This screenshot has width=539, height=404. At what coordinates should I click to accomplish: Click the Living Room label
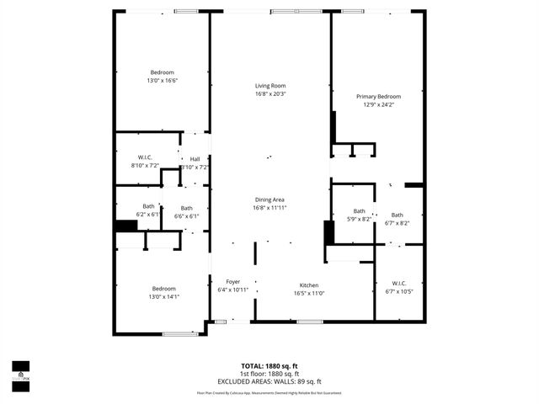[x=271, y=86]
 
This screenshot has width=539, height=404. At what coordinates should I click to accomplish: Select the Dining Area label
[x=271, y=199]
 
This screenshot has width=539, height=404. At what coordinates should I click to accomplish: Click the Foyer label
[x=232, y=281]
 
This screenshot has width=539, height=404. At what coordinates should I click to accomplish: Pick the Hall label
[x=195, y=159]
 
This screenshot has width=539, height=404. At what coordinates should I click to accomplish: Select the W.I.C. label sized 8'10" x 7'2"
[x=145, y=157]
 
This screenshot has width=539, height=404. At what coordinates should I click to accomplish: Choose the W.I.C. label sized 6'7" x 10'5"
[x=399, y=283]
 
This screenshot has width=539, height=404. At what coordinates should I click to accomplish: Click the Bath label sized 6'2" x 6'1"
[x=148, y=206]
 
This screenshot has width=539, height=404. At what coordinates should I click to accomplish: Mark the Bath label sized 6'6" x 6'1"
[x=186, y=208]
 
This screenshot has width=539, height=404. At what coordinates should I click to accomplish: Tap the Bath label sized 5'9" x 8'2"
[x=360, y=211]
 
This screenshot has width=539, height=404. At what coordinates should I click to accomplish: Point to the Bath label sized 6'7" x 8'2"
[x=397, y=215]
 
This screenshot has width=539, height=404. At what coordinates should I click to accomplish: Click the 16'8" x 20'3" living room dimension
[x=271, y=93]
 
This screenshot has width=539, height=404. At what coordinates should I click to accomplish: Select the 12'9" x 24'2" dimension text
[x=378, y=104]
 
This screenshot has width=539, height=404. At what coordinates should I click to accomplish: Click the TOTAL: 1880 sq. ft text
[x=270, y=366]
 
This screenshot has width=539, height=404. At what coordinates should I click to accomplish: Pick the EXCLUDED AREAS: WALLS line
[x=270, y=381]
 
